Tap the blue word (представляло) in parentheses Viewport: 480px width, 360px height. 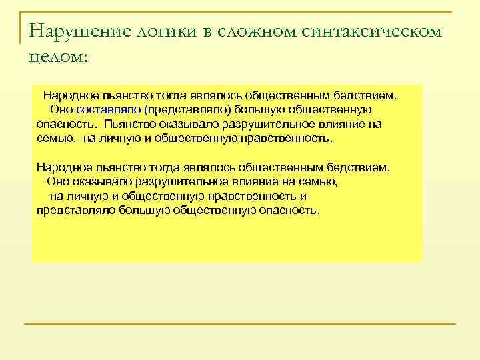[x=187, y=109]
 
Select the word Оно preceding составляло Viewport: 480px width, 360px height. [x=62, y=109]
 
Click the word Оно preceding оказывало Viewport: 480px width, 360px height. [x=59, y=181]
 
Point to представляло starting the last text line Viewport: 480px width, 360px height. [x=77, y=210]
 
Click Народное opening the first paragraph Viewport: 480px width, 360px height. [x=71, y=95]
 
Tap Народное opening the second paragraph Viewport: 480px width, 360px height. [x=64, y=167]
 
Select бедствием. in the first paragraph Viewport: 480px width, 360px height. [x=369, y=95]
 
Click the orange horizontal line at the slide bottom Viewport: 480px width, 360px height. [x=239, y=324]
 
